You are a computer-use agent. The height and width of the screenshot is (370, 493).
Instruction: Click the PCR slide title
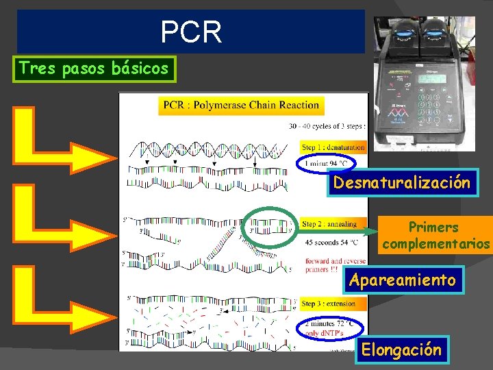click(191, 32)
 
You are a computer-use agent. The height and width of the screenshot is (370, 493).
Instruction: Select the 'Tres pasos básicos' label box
click(94, 69)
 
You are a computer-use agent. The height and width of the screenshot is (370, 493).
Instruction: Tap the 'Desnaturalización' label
click(402, 183)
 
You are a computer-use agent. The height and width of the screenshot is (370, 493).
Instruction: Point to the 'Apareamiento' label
click(402, 280)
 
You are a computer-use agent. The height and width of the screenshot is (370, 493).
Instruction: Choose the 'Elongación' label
click(401, 350)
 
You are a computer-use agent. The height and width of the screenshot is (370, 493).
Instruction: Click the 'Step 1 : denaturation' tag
click(333, 147)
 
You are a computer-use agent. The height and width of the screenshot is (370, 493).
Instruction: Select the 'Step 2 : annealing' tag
click(329, 224)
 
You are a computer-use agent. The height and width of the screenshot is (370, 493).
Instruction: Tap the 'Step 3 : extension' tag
click(329, 303)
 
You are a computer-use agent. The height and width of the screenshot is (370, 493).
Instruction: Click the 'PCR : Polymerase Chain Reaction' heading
click(242, 106)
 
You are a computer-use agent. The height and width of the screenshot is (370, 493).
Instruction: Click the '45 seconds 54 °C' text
click(332, 242)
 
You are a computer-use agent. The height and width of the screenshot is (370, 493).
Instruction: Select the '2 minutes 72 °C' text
click(331, 322)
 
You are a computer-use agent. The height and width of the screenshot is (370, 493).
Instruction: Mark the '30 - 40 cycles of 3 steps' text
click(327, 125)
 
